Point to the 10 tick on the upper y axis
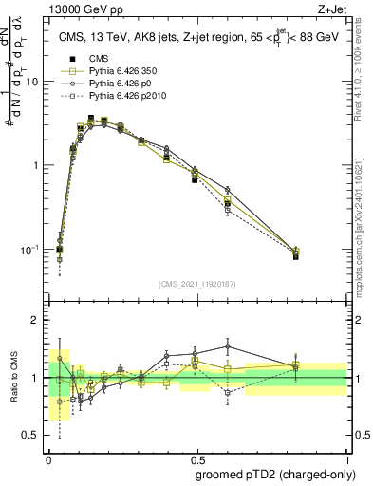tap(34, 82)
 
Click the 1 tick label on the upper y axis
tap(37, 165)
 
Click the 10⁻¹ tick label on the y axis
tap(31, 250)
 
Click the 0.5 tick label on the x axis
tap(197, 458)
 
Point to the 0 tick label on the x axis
tap(48, 458)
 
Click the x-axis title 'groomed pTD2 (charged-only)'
tap(271, 475)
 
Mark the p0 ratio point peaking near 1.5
tap(228, 346)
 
